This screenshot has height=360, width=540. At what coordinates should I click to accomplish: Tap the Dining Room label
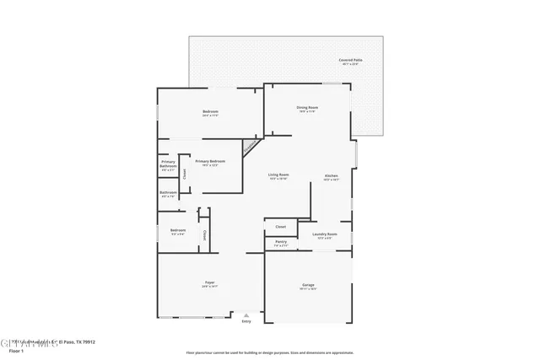click(307, 108)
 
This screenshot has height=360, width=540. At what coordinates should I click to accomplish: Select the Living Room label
click(278, 175)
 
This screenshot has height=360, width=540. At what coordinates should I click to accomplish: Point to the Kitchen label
click(332, 176)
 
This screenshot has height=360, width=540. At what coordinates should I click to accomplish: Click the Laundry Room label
click(325, 234)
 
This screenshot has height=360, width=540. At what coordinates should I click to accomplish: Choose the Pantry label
click(281, 243)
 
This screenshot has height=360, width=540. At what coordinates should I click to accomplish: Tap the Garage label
click(308, 286)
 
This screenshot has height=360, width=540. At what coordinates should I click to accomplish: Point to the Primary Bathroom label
click(168, 164)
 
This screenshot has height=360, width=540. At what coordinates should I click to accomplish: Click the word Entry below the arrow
click(246, 321)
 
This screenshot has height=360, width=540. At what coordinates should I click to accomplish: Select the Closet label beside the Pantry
click(281, 226)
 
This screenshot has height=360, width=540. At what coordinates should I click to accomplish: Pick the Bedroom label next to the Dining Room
click(210, 113)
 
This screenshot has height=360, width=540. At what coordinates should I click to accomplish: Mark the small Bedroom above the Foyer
click(178, 231)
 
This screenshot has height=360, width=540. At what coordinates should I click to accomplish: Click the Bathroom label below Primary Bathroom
click(168, 193)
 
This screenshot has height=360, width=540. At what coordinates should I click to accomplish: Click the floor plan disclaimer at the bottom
click(270, 352)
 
